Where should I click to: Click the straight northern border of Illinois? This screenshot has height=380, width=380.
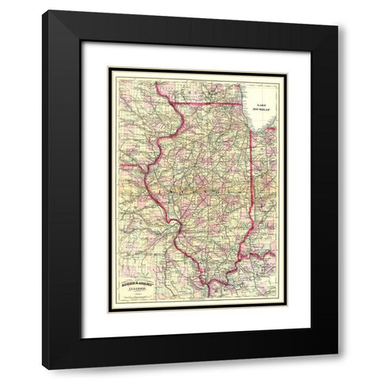(x=210, y=103)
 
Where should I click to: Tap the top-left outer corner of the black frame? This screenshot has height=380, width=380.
(x=45, y=10)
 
